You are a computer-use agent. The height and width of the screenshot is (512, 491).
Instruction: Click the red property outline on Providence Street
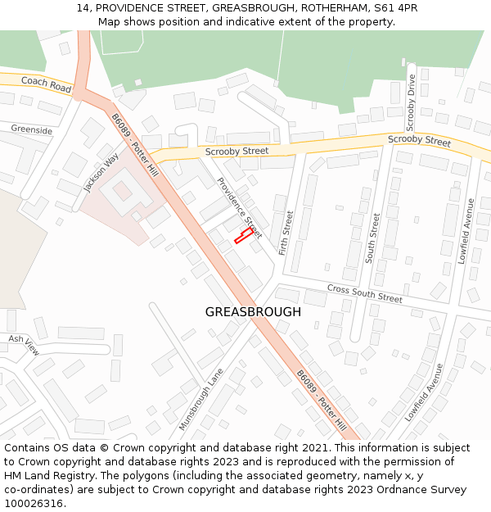pos(243,235)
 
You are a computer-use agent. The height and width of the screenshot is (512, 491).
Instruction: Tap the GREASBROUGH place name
pos(253,312)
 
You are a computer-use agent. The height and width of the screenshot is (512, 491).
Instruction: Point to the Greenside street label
pos(31,130)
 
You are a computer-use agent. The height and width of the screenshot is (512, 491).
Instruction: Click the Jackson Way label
pos(101,172)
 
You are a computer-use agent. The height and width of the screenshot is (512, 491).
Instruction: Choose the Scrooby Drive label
pos(411,102)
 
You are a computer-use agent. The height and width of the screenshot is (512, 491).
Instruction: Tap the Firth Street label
pos(286,233)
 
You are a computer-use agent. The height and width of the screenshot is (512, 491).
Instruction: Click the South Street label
pos(373,238)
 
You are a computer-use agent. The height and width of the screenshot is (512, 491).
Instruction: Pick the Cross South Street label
pos(364,293)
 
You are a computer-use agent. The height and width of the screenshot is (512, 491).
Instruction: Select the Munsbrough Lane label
pos(201,399)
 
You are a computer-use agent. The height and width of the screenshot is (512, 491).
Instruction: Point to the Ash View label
pos(23,345)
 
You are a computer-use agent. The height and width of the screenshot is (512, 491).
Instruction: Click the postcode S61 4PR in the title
pos(395,7)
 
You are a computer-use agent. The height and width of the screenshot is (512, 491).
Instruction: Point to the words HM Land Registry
pos(52,476)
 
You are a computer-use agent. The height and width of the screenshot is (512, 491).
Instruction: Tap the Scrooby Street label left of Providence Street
pos(236,152)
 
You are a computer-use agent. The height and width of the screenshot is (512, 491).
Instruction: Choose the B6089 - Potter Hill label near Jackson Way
pos(135,148)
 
